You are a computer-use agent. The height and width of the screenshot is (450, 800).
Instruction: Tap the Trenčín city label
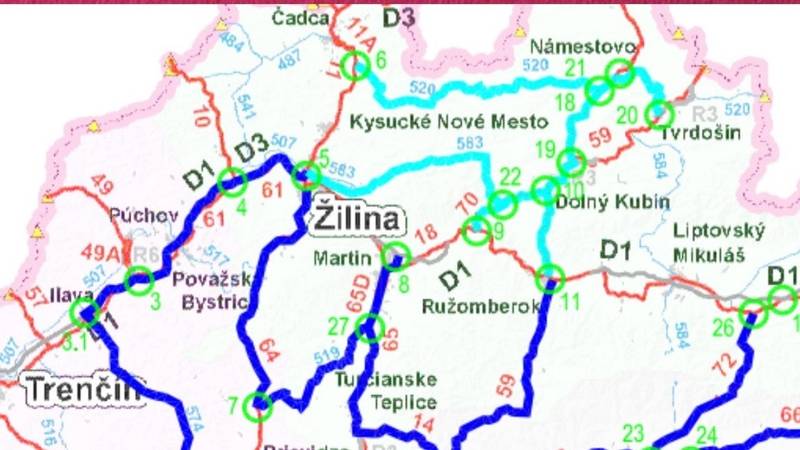click(81, 390)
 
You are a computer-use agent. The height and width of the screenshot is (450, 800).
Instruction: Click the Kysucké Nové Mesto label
click(448, 123)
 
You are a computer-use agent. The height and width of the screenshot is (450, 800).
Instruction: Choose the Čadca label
click(300, 18)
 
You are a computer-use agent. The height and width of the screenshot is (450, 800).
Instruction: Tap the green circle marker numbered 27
click(369, 328)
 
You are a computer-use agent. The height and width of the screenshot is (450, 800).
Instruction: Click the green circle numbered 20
click(659, 114)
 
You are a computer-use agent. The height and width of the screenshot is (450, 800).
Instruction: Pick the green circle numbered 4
click(232, 182)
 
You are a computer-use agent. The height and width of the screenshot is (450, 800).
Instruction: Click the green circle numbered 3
click(139, 281)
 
